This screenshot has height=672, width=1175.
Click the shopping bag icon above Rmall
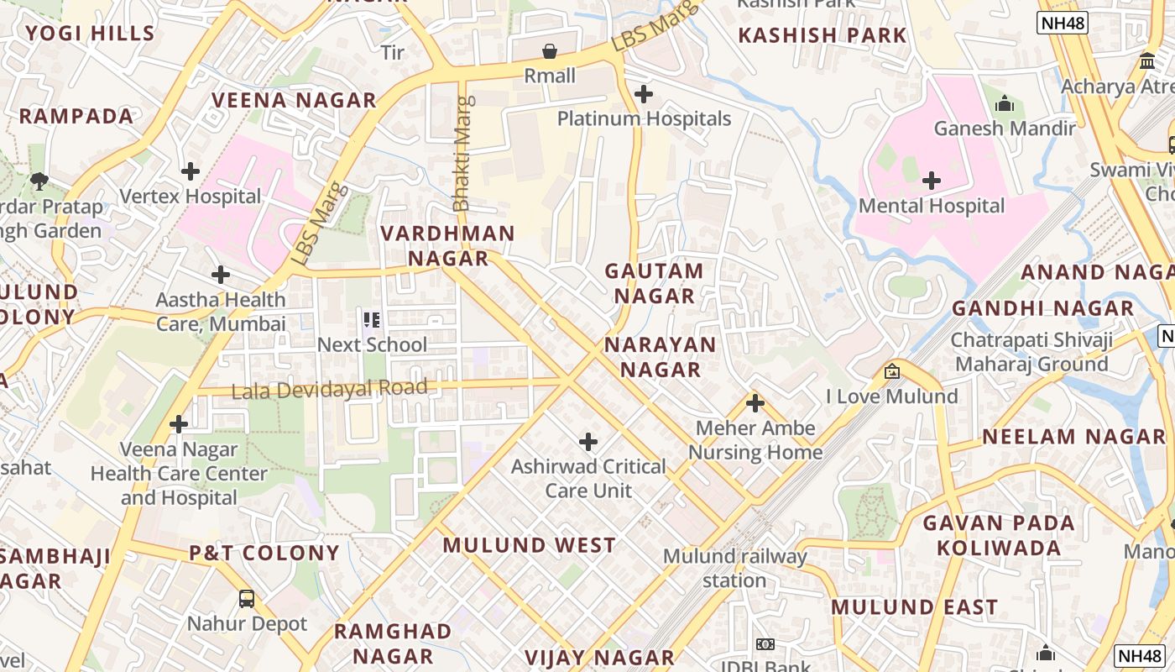pyautogui.click(x=550, y=52)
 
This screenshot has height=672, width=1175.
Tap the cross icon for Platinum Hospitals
pyautogui.click(x=644, y=94)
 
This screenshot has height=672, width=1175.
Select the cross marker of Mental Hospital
pyautogui.click(x=931, y=181)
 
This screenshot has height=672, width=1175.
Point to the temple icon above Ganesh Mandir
pyautogui.click(x=1004, y=104)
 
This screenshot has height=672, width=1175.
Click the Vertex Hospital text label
pyautogui.click(x=191, y=197)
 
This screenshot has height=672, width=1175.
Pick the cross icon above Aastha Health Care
pyautogui.click(x=221, y=275)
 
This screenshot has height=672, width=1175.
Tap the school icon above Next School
pyautogui.click(x=371, y=320)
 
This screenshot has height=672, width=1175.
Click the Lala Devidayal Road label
pyautogui.click(x=329, y=389)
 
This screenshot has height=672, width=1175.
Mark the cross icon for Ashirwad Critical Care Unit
pyautogui.click(x=588, y=441)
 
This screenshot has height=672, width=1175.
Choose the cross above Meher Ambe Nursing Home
pyautogui.click(x=755, y=403)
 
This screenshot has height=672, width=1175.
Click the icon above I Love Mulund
pyautogui.click(x=891, y=371)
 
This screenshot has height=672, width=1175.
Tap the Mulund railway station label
pyautogui.click(x=734, y=568)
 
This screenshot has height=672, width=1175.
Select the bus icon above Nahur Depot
pyautogui.click(x=247, y=599)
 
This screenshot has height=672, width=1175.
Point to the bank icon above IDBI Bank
pyautogui.click(x=765, y=644)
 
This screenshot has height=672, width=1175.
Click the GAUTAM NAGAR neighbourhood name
pyautogui.click(x=654, y=283)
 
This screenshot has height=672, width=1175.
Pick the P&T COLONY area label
pyautogui.click(x=264, y=553)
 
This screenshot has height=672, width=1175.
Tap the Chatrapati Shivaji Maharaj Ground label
pyautogui.click(x=1031, y=352)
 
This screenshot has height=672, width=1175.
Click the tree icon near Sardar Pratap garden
pyautogui.click(x=39, y=181)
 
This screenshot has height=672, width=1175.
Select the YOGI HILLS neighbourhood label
pyautogui.click(x=90, y=34)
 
